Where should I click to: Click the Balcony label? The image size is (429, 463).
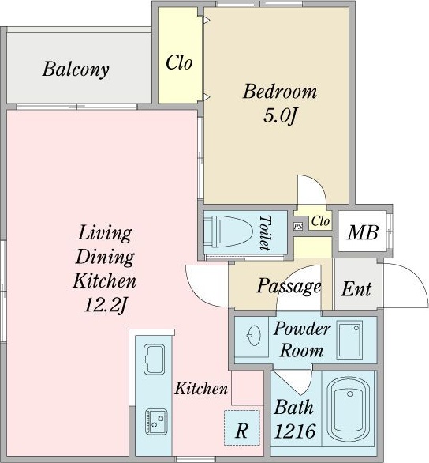coord(76,70)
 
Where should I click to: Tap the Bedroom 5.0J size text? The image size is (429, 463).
coord(279,115)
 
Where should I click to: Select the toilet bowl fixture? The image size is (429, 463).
coord(229,231)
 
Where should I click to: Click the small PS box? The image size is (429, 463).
coord(298,227)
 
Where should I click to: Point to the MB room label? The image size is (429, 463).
coord(363,232)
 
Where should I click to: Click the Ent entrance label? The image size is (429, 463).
coord(356,289)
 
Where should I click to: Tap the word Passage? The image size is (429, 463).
coord(289,286)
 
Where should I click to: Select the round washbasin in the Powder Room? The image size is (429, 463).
coord(253,336)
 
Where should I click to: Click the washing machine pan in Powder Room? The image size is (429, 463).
coord(349,338)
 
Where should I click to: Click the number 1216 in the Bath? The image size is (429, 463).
coord(295,431)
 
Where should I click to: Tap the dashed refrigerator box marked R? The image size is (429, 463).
coord(242,427)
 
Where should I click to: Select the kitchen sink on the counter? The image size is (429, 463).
coord(154,359)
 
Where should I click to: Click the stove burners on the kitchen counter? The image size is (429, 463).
coord(156,421)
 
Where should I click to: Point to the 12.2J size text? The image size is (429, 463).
coord(105,305)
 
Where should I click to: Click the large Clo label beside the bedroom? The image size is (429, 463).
coord(179,62)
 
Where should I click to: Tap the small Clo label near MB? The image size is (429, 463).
coord(321,221)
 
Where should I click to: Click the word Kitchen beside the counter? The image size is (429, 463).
coord(201,388)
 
